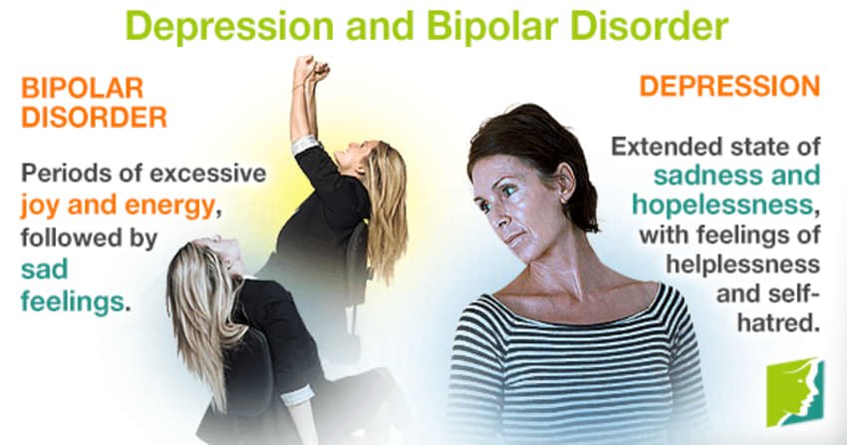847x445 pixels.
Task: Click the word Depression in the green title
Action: (230, 26)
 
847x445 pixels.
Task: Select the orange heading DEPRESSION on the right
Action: (729, 86)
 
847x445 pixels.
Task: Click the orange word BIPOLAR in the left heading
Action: (82, 88)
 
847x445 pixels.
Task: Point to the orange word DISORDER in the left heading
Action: (94, 117)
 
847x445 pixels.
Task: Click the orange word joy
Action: (42, 207)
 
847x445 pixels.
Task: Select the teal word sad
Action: (44, 268)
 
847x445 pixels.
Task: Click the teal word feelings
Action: (73, 301)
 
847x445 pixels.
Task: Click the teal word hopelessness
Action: (722, 205)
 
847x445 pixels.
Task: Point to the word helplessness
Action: (742, 263)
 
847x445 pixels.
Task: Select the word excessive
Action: (208, 174)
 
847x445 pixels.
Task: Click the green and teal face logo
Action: (795, 392)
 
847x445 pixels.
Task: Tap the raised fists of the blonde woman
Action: (311, 69)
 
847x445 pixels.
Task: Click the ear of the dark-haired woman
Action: (564, 182)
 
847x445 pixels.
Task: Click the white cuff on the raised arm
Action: (306, 145)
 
